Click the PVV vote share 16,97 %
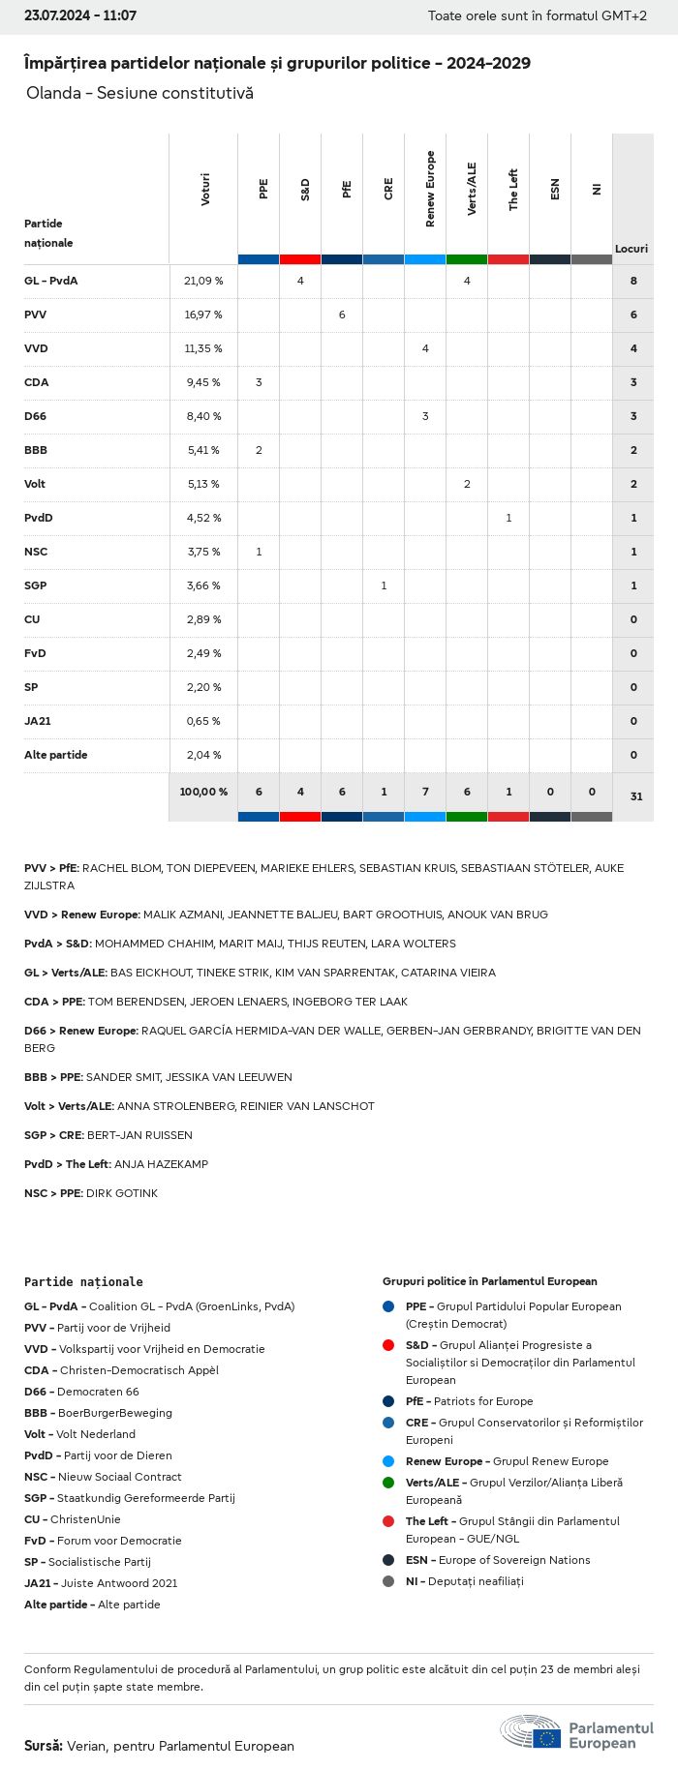point(203,315)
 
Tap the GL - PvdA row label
point(50,281)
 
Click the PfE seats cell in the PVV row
point(342,315)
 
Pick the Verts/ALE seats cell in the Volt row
point(467,484)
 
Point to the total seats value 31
point(635,796)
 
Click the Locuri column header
point(632,249)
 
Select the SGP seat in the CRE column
point(384,585)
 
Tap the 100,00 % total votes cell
point(203,792)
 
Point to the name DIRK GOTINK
point(122,1193)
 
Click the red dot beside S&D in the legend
point(388,1345)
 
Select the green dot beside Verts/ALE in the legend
point(388,1483)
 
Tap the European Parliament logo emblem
point(531,1731)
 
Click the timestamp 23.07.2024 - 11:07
point(80,15)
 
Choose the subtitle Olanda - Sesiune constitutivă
point(139,93)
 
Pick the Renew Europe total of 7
point(425,792)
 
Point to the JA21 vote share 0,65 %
point(203,721)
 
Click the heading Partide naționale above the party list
point(83,1281)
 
